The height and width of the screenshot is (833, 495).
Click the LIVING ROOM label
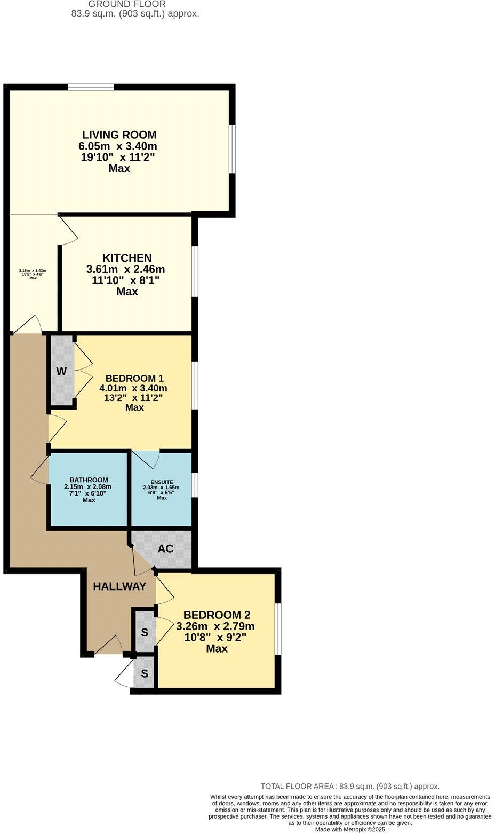(119, 135)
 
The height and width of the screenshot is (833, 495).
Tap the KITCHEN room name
(127, 258)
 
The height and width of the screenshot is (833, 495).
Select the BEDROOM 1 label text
(134, 378)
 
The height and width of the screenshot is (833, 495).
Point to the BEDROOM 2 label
(217, 615)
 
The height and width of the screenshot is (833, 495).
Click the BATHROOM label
(89, 480)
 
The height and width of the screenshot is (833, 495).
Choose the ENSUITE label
(162, 482)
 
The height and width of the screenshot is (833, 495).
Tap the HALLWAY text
(119, 586)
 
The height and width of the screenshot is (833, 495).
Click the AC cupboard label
(165, 549)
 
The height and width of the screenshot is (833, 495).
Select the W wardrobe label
(61, 372)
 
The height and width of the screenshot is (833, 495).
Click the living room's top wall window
(91, 87)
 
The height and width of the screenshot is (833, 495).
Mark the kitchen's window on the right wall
(195, 271)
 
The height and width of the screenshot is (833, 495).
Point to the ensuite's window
(195, 485)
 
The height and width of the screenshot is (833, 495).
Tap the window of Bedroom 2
(278, 628)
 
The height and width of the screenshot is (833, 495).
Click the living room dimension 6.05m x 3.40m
(118, 146)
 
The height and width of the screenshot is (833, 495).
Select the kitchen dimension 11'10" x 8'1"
(126, 280)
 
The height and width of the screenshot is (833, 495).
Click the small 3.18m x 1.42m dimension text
(33, 271)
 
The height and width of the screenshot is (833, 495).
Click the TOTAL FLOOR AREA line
(350, 786)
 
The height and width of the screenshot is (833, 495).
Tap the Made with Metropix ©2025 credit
(350, 829)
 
